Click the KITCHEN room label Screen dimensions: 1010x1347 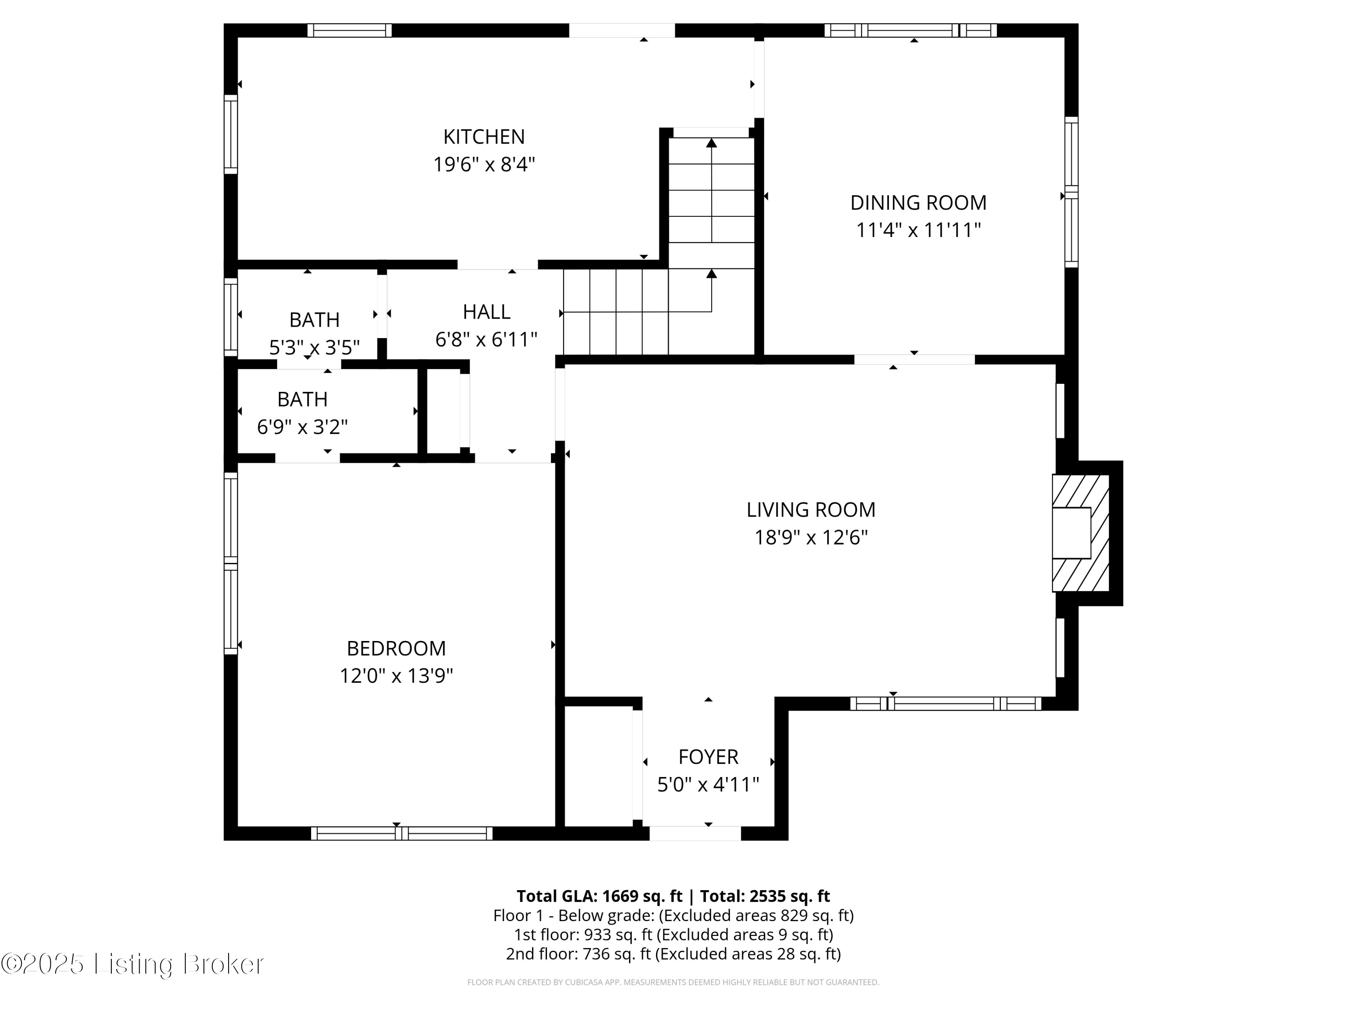pos(484,137)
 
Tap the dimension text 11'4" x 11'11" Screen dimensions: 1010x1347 pos(918,231)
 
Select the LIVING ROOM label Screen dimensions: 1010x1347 pos(810,509)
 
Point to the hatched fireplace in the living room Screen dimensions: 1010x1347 pos(1081,533)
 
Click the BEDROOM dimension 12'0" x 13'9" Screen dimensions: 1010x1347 pos(396,676)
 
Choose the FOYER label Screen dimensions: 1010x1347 pos(708,757)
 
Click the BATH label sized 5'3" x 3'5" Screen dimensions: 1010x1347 pos(314,320)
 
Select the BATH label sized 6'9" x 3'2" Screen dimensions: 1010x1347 pos(302,400)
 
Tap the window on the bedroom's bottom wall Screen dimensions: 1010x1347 pos(401,834)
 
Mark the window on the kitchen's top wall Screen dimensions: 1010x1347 pos(349,31)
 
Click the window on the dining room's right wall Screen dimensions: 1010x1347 pos(1071,193)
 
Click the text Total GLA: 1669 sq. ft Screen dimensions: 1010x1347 pos(599,896)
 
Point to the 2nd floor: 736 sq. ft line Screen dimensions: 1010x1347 pos(673,954)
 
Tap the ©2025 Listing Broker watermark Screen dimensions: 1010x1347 pos(133,964)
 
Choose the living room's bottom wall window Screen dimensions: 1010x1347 pos(946,704)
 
